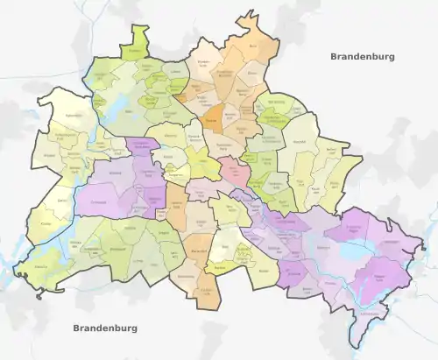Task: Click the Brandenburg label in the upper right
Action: pyautogui.click(x=363, y=57)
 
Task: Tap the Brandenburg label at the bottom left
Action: pyautogui.click(x=106, y=328)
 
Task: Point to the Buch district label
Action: pyautogui.click(x=254, y=45)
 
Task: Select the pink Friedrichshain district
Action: pyautogui.click(x=233, y=170)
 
